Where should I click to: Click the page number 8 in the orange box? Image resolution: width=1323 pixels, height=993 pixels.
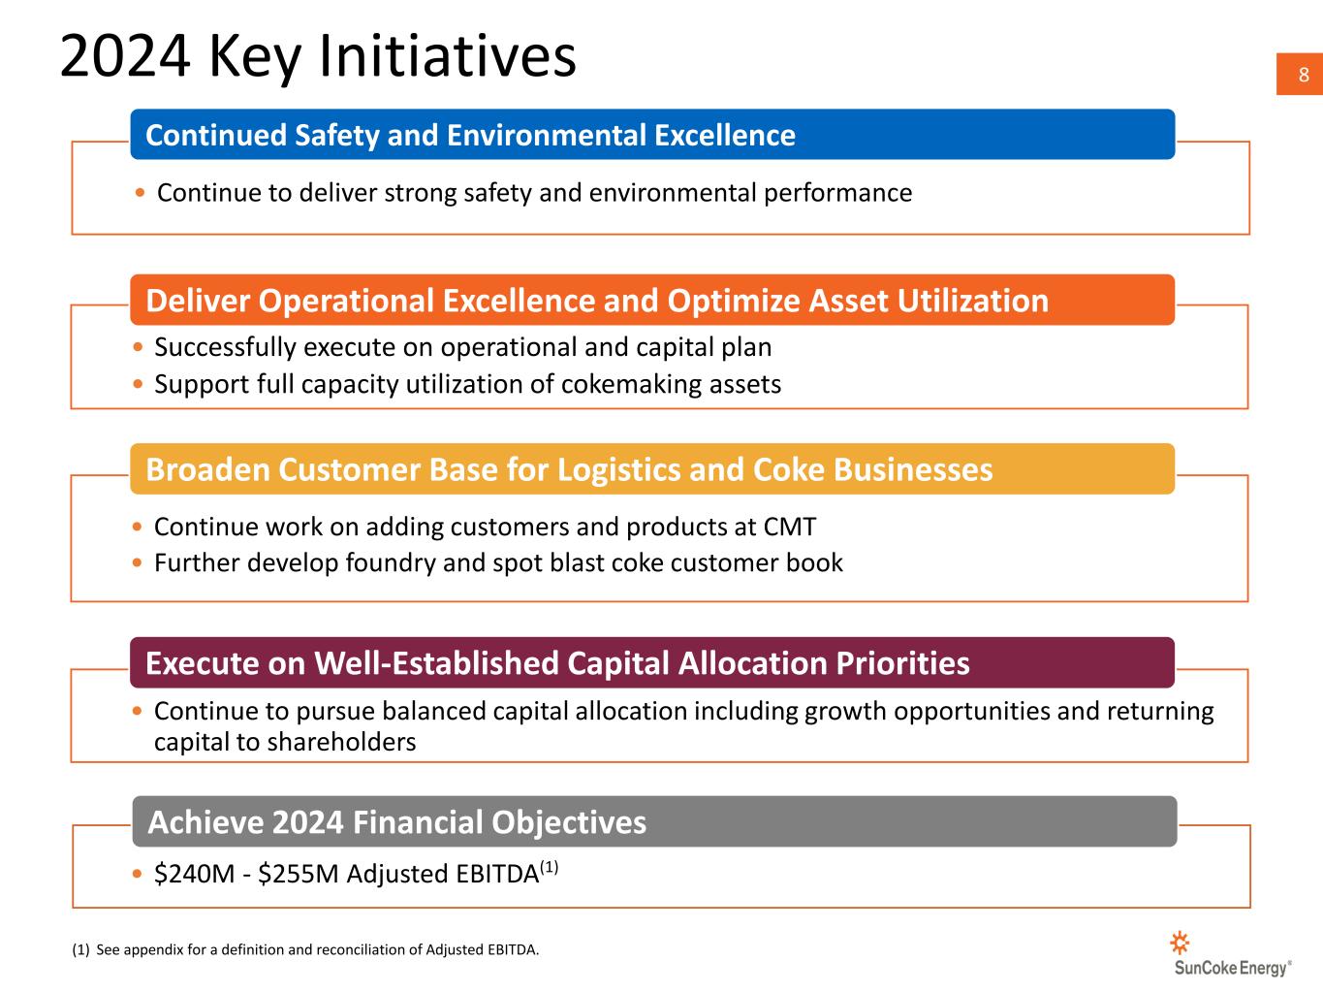(1303, 75)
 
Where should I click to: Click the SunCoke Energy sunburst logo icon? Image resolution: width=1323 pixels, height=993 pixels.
(1180, 943)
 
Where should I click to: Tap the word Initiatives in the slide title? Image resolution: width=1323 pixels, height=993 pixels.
(447, 56)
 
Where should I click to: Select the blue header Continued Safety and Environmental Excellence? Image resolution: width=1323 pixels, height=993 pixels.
(652, 135)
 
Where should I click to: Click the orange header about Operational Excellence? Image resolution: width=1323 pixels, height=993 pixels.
(652, 300)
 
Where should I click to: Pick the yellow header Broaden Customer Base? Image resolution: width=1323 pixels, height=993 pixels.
(652, 469)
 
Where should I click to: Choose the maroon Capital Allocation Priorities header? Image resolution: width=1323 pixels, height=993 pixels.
(652, 662)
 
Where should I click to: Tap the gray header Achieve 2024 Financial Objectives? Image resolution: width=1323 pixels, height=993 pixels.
(654, 821)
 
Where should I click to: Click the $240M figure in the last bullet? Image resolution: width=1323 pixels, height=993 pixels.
(194, 874)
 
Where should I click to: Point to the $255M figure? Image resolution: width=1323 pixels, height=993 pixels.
(299, 874)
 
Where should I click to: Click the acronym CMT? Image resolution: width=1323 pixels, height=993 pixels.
(790, 527)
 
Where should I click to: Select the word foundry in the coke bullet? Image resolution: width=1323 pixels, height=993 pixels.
(390, 563)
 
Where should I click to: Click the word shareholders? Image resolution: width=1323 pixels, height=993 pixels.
(341, 742)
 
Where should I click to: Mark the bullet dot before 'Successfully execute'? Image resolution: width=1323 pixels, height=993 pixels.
(138, 347)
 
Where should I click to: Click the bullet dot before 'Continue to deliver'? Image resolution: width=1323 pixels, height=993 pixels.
(141, 193)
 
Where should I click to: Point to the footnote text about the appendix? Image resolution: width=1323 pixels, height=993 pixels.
(305, 949)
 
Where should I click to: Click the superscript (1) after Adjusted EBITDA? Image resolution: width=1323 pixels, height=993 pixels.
(550, 868)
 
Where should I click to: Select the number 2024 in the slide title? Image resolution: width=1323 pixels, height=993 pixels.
(125, 56)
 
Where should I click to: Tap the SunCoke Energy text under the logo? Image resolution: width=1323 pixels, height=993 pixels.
(1232, 969)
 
